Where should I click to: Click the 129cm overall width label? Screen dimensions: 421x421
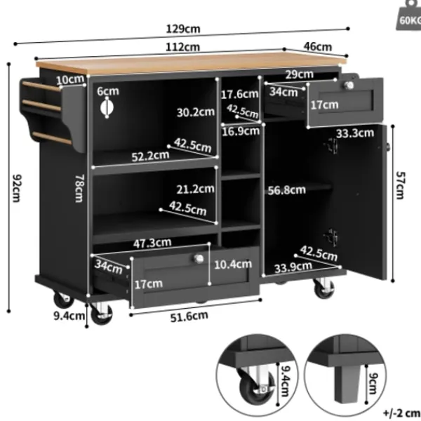coord(183,29)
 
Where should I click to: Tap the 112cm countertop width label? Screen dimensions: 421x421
coord(183,47)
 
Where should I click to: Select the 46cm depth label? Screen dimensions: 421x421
coord(318,47)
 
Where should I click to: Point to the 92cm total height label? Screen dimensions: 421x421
coord(16,188)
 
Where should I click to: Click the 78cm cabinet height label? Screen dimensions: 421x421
coord(80,188)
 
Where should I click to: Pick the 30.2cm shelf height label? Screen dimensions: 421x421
coord(196,112)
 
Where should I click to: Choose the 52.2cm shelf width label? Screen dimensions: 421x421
coord(150,156)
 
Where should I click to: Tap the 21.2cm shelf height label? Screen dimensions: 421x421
coord(196,189)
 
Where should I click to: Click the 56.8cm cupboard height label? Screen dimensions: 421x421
coord(287,190)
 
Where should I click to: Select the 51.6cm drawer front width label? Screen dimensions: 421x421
coord(189,316)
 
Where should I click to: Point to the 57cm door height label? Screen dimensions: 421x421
coord(401,185)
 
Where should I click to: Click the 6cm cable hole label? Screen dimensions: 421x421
coord(108,91)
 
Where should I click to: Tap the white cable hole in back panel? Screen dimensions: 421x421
coord(107,107)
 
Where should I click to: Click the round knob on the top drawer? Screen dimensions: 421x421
coord(349,86)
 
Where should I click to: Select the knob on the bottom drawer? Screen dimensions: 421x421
coord(199,259)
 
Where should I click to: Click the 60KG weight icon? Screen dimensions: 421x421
coord(409,15)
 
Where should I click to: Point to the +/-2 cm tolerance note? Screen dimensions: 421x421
coord(401,413)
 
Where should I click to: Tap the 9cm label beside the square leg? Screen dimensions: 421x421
coord(373,383)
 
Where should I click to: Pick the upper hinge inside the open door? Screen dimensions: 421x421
coord(332,146)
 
